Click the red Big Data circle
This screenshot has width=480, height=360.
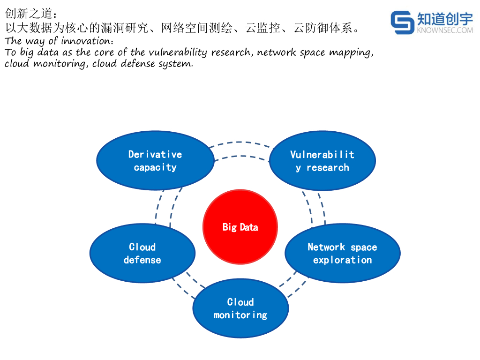(x=240, y=227)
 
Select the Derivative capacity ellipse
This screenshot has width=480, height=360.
(x=155, y=160)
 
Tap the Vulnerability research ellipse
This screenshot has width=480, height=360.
(x=322, y=160)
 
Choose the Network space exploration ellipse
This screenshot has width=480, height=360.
(x=342, y=253)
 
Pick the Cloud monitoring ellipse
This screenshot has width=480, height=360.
(x=240, y=308)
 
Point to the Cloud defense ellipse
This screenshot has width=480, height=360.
(x=142, y=253)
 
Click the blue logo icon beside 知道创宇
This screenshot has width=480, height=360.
(x=402, y=22)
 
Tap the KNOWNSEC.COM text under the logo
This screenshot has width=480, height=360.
(x=445, y=30)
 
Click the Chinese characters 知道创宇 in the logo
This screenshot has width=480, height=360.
(x=445, y=19)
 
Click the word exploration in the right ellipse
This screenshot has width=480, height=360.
(x=342, y=260)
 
